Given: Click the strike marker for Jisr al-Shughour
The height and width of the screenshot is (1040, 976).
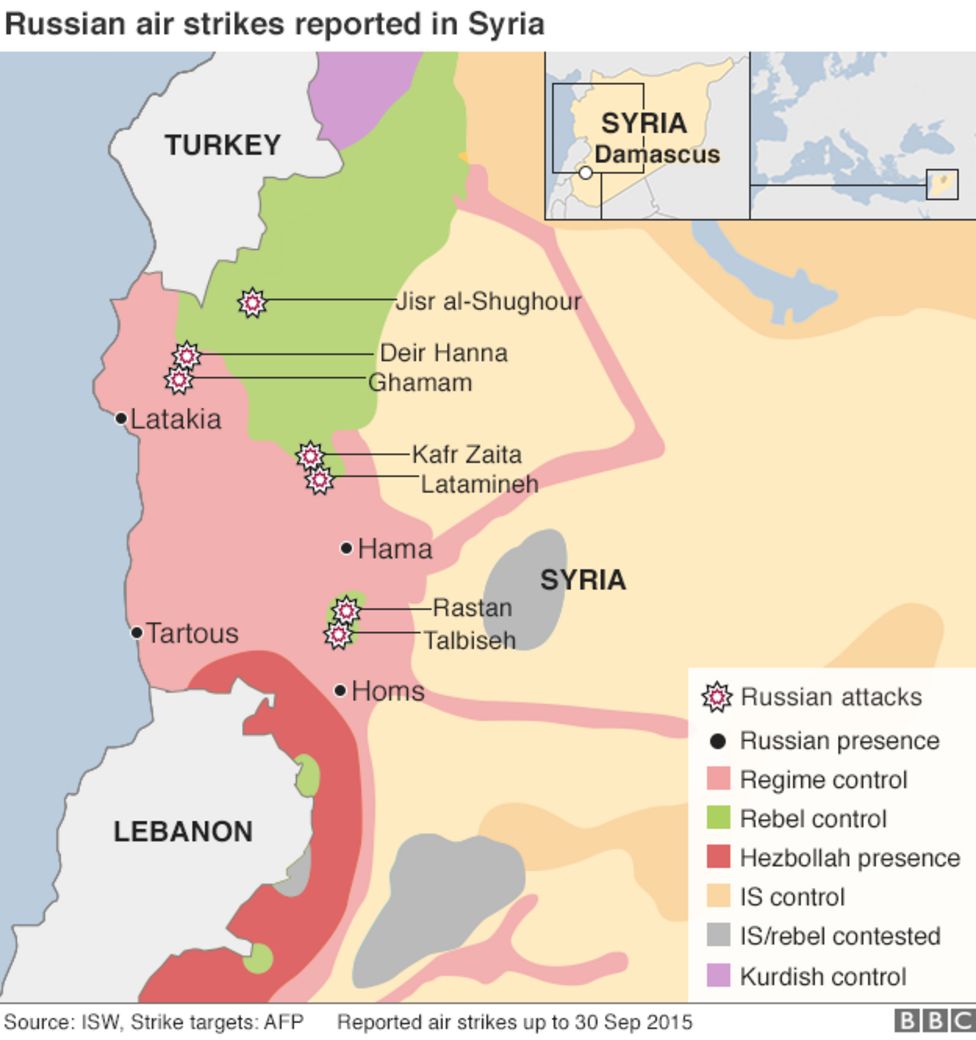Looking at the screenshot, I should click(253, 301).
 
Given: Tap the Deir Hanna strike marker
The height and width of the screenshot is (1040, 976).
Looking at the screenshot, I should click(187, 355).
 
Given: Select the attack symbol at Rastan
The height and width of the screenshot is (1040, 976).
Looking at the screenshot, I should click(346, 609).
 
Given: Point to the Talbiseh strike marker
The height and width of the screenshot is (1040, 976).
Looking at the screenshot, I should click(339, 634).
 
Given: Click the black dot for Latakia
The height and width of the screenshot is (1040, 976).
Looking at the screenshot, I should click(121, 418).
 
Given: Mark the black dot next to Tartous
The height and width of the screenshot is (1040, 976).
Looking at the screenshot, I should click(137, 632).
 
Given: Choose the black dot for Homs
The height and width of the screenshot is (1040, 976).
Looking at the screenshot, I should click(340, 690).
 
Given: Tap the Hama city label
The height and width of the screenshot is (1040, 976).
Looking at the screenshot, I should click(394, 549).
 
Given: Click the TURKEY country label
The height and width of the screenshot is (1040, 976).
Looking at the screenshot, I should click(222, 145).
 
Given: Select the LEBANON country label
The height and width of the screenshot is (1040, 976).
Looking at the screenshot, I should click(183, 831).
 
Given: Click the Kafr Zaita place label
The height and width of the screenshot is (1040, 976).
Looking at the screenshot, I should click(466, 455).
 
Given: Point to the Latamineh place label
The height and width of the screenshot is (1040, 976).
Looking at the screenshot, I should click(479, 484).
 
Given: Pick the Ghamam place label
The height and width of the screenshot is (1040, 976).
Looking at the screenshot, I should click(420, 382).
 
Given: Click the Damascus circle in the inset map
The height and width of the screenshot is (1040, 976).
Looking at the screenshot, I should click(586, 173).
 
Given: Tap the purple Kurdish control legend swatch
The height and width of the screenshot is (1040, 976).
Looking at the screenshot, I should click(718, 976).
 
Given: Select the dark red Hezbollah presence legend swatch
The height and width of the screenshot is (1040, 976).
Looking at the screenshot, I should click(718, 858).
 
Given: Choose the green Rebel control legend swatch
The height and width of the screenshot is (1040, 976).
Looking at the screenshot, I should click(718, 818).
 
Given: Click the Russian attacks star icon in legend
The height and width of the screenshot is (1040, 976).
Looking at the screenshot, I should click(716, 697).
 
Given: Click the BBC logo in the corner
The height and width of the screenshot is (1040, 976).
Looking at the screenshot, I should click(933, 1021).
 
